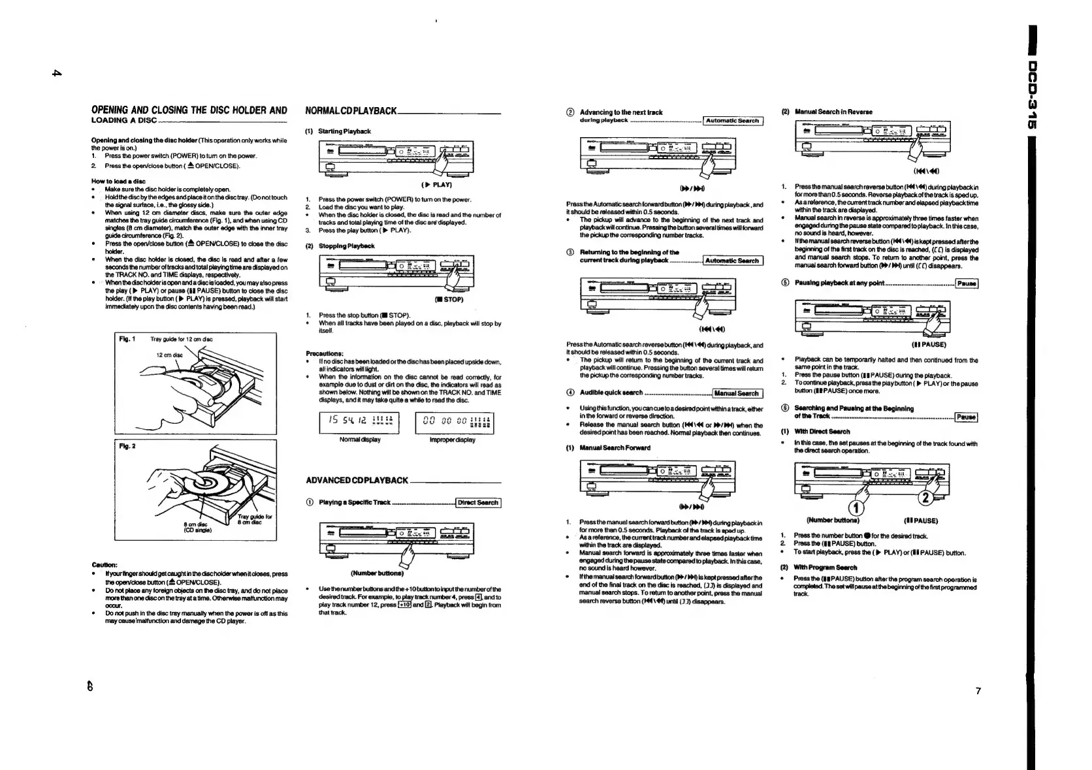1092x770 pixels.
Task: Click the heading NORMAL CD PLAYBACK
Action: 351,111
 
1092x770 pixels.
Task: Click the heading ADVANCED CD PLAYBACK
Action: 357,481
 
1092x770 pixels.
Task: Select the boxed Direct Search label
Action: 478,503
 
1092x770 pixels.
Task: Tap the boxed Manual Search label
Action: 736,393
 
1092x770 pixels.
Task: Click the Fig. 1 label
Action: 127,339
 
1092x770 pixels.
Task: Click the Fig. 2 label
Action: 127,447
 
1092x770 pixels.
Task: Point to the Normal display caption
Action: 360,440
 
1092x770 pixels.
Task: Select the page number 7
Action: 978,691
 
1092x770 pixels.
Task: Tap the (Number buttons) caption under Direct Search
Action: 377,574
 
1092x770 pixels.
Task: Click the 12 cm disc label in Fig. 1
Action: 169,355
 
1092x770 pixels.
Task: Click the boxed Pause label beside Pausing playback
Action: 966,283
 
